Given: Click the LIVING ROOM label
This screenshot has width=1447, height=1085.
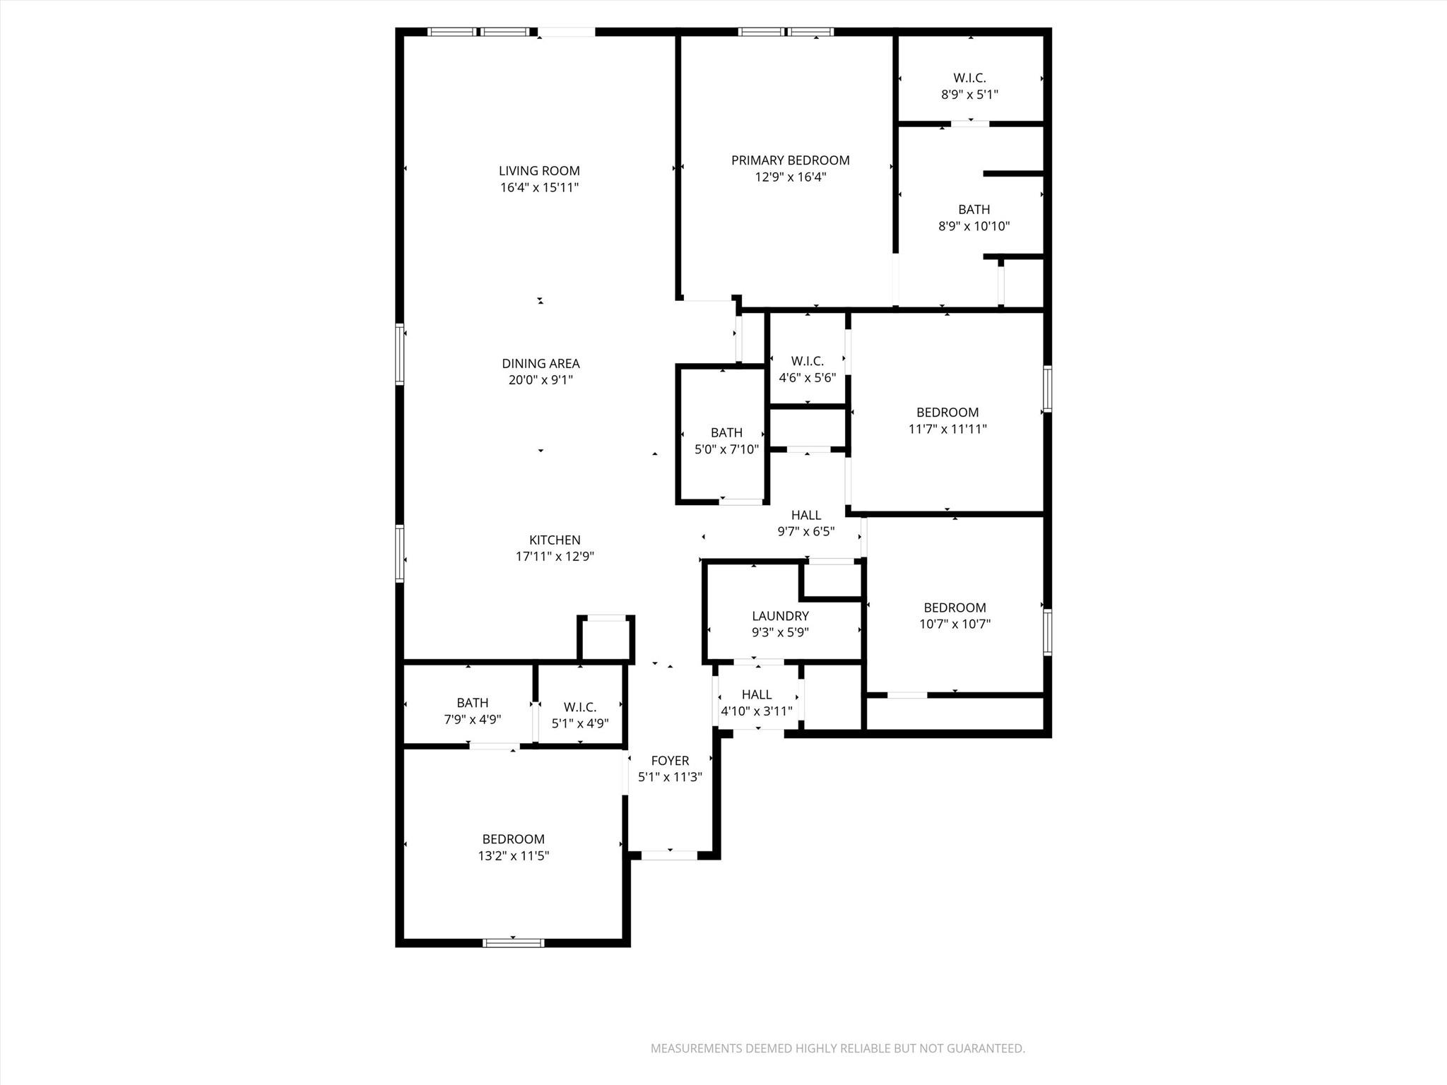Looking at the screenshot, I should click(x=539, y=171).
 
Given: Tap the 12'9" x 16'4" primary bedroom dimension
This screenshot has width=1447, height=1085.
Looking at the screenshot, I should click(x=790, y=177).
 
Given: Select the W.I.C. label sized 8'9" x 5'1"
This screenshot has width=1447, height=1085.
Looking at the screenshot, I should click(x=969, y=78).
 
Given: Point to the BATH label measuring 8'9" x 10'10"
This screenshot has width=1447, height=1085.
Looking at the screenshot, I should click(x=974, y=210).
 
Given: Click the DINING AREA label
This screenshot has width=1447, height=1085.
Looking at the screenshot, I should click(x=541, y=364).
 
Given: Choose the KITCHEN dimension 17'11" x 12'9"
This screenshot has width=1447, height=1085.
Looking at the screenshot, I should click(x=555, y=557).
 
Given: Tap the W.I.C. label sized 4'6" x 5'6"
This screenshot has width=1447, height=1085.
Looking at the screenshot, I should click(x=807, y=361).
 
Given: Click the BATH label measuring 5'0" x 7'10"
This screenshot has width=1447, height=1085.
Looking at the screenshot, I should click(x=726, y=433).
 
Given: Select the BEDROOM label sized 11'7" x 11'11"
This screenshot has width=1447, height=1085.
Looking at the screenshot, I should click(x=947, y=413).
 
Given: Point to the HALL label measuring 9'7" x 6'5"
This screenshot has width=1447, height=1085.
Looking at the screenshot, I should click(x=806, y=516).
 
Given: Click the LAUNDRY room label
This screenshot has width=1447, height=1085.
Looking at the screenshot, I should click(x=780, y=616).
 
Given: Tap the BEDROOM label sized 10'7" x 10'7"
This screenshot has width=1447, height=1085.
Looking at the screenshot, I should click(x=955, y=607).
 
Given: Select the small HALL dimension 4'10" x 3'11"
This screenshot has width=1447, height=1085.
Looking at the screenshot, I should click(x=756, y=711).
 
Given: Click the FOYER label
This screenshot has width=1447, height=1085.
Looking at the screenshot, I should click(x=670, y=761).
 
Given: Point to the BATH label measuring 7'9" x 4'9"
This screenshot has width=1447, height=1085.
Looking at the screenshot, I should click(x=472, y=703).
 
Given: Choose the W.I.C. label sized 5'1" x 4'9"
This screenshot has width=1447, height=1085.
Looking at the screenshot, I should click(x=580, y=707).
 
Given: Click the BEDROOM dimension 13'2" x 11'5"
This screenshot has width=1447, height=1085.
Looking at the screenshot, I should click(x=513, y=856).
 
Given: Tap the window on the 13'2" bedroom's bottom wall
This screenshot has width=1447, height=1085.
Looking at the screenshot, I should click(x=514, y=942).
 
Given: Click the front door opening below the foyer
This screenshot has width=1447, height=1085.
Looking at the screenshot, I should click(x=669, y=855).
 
